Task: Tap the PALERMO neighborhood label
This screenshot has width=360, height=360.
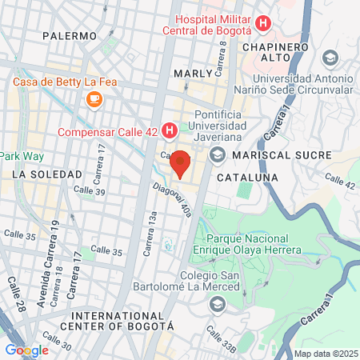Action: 70,36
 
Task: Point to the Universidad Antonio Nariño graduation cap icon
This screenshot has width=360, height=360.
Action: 330,58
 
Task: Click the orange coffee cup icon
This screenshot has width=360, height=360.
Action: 94,99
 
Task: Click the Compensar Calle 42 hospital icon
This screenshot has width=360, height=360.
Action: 170,130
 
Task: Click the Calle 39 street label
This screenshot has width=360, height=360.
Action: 89,190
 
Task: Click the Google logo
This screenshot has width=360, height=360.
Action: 26,350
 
